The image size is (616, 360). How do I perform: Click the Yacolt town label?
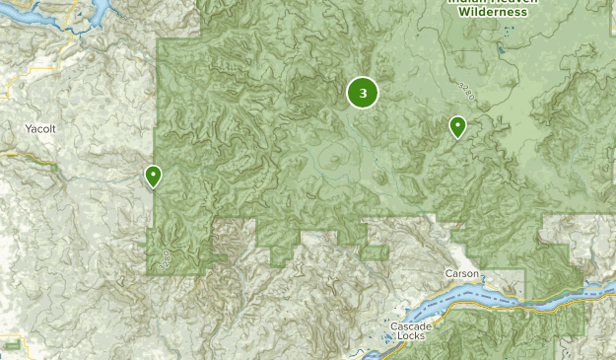point(40,128)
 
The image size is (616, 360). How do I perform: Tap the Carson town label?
point(461,273)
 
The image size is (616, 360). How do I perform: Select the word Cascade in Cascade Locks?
point(409,326)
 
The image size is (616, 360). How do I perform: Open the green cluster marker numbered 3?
point(363,94)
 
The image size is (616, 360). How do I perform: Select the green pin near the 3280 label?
point(457,126)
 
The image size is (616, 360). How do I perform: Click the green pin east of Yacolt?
point(154,176)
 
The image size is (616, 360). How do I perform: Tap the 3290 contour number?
point(164,258)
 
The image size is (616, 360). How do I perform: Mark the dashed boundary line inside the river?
point(493,293)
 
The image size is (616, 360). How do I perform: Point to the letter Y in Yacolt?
point(29,128)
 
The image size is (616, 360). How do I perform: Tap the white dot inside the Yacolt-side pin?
point(154,174)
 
